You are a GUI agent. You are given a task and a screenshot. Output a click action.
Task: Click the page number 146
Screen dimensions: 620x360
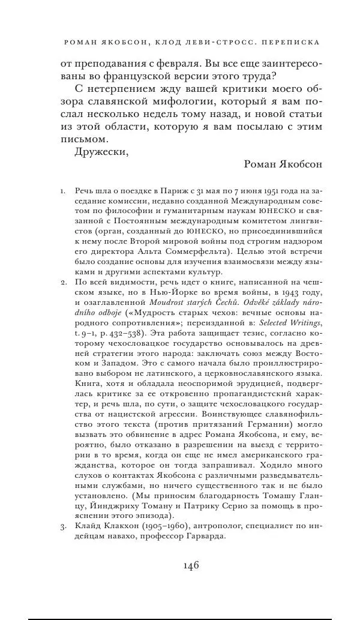pos(188,565)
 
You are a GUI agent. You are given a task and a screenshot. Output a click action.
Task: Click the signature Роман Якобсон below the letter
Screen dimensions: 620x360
pos(283,164)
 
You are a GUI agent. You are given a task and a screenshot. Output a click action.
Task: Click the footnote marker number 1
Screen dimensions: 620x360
pos(62,191)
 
